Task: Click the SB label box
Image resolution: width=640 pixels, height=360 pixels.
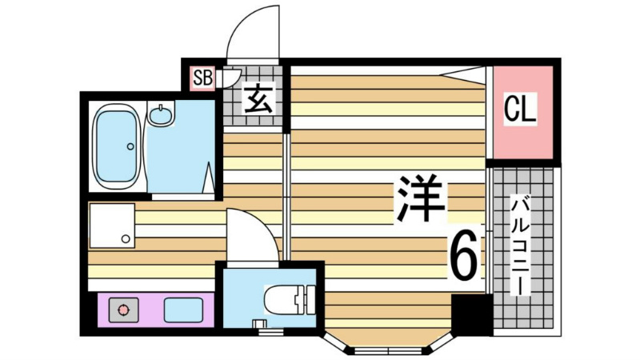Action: [x=202, y=78]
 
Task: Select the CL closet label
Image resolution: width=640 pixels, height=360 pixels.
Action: [x=521, y=110]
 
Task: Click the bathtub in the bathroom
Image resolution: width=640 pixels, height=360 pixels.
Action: [x=118, y=146]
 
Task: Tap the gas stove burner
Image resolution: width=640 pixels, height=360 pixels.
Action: [x=122, y=309]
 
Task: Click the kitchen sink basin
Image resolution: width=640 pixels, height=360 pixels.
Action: [x=182, y=309]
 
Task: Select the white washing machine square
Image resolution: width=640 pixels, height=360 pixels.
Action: [x=111, y=225]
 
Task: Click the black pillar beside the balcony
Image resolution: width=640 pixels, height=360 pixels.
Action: [x=470, y=314]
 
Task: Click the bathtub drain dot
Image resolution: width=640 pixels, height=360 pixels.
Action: [x=130, y=146]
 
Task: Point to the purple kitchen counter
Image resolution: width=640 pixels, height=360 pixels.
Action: [x=152, y=309]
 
